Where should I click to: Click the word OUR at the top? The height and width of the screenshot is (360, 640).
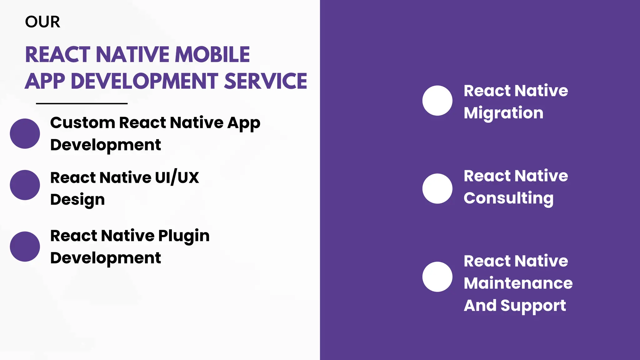click(42, 22)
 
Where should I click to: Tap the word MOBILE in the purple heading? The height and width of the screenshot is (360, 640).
click(212, 55)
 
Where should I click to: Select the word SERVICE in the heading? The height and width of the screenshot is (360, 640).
click(266, 81)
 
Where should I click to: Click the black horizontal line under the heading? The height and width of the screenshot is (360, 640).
click(82, 103)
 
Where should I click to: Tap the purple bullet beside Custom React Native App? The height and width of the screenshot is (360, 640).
click(25, 133)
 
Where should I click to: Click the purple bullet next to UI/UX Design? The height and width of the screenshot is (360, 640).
click(25, 185)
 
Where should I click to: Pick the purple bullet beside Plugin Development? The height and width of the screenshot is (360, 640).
click(25, 247)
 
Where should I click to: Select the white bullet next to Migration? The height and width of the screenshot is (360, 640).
click(437, 101)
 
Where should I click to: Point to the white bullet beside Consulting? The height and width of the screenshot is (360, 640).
click(437, 189)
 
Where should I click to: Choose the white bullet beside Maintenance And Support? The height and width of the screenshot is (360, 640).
click(437, 277)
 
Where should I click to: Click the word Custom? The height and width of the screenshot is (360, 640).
click(83, 122)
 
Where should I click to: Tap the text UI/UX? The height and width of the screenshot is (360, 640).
click(177, 177)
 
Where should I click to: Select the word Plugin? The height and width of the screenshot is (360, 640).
click(184, 236)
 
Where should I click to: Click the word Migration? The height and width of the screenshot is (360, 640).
click(503, 113)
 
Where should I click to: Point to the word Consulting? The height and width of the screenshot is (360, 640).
click(508, 198)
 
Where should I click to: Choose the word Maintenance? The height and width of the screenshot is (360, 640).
click(518, 283)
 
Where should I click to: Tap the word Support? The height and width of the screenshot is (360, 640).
click(533, 306)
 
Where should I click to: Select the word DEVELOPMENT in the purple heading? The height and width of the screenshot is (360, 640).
click(145, 81)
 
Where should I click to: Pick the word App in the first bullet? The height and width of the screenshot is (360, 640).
click(244, 123)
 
